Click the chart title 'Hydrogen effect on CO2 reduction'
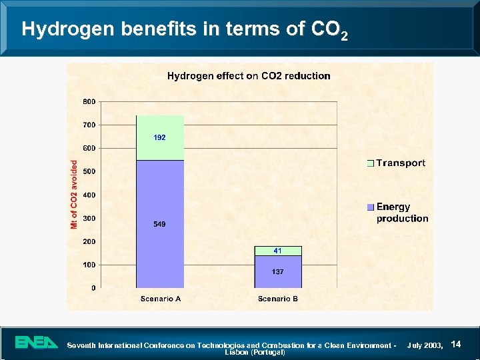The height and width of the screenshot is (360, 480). point(248,76)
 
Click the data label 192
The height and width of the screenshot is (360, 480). point(160,137)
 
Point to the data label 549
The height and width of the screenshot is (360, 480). point(160,225)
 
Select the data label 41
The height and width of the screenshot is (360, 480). point(278,251)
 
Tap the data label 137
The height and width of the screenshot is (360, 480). point(278,272)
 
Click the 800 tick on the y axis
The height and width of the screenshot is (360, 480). point(89,101)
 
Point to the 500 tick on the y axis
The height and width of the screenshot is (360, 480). point(89,171)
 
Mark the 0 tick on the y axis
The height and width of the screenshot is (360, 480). point(93,288)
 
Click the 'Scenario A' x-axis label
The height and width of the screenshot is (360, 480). point(160,299)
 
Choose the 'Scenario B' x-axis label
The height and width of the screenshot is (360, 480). point(278,299)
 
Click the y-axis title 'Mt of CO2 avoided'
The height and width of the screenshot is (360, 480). point(75,195)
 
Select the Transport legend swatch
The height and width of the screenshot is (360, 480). point(371,163)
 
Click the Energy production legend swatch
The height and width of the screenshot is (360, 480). point(371,207)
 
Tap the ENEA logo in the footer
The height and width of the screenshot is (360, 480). point(37,343)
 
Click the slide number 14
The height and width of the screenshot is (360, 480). point(456,344)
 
